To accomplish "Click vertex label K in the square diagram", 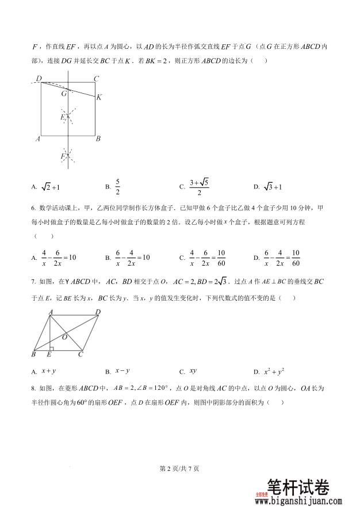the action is point(99,97).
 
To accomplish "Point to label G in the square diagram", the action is point(64,93).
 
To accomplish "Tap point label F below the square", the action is point(63,156).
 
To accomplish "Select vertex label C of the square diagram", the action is point(97,79).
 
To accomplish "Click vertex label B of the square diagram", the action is point(98,139).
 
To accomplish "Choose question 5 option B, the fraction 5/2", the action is point(117,186).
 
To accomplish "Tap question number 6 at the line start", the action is point(33,208).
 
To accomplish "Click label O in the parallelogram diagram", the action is point(64,337).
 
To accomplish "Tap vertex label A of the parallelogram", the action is point(51,311).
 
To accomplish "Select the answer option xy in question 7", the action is point(193,371).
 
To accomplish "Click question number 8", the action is point(33,388).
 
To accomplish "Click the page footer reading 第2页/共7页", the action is point(179,469).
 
